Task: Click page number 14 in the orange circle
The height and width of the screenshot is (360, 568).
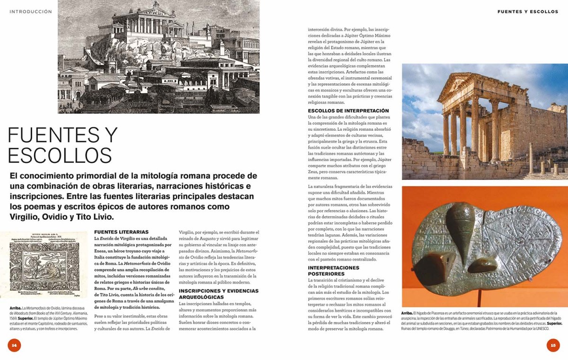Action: click(14, 345)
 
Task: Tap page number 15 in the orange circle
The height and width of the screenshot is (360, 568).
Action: click(553, 345)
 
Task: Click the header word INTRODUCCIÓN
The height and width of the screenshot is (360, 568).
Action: click(31, 12)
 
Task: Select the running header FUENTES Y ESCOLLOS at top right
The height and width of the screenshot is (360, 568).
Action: click(528, 12)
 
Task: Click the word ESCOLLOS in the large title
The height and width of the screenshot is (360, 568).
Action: click(60, 156)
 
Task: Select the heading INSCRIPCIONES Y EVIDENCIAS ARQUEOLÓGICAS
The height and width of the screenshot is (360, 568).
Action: click(219, 294)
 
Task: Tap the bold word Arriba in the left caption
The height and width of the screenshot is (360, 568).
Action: click(15, 308)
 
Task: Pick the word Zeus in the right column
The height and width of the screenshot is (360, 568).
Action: click(314, 172)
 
